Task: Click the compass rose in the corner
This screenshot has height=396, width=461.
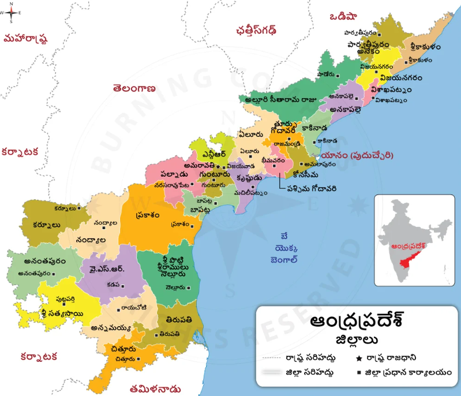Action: (x=12, y=12)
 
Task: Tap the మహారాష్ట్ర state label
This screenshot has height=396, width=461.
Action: (x=25, y=39)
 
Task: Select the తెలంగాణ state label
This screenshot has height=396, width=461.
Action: (x=135, y=89)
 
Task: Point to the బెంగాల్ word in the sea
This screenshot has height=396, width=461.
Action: (x=284, y=260)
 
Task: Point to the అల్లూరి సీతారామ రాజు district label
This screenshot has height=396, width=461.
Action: (x=281, y=98)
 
